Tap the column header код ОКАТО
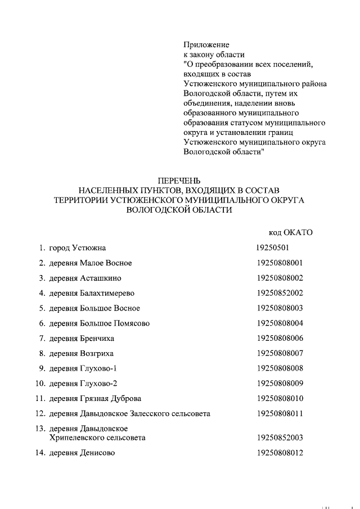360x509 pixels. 290,232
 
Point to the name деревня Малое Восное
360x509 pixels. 91,263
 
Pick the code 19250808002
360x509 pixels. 280,278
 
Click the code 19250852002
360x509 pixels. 280,293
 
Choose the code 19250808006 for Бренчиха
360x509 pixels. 280,338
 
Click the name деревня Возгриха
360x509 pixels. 82,353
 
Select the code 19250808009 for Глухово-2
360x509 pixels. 280,384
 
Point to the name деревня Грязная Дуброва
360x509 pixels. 95,399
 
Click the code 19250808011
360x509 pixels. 280,413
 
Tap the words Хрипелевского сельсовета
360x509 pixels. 97,437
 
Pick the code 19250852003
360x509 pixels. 280,437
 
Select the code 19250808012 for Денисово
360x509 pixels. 280,452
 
